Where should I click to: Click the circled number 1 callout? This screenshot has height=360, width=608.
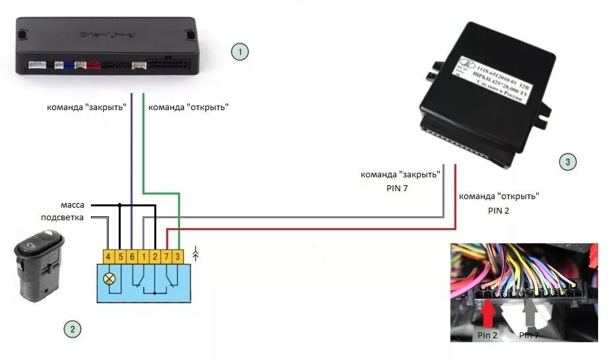[239, 51]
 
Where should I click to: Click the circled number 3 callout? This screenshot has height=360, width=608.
[566, 162]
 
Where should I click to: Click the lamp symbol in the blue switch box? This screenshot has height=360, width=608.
[109, 278]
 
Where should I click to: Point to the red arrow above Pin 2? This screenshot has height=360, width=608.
[487, 313]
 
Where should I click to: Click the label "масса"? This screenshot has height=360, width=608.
[71, 206]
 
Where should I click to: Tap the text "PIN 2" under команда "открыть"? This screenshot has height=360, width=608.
[498, 211]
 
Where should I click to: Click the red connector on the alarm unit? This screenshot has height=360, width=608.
[94, 65]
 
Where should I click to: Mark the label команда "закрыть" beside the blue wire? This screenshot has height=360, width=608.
[86, 107]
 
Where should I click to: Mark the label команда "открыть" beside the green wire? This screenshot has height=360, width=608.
[189, 107]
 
